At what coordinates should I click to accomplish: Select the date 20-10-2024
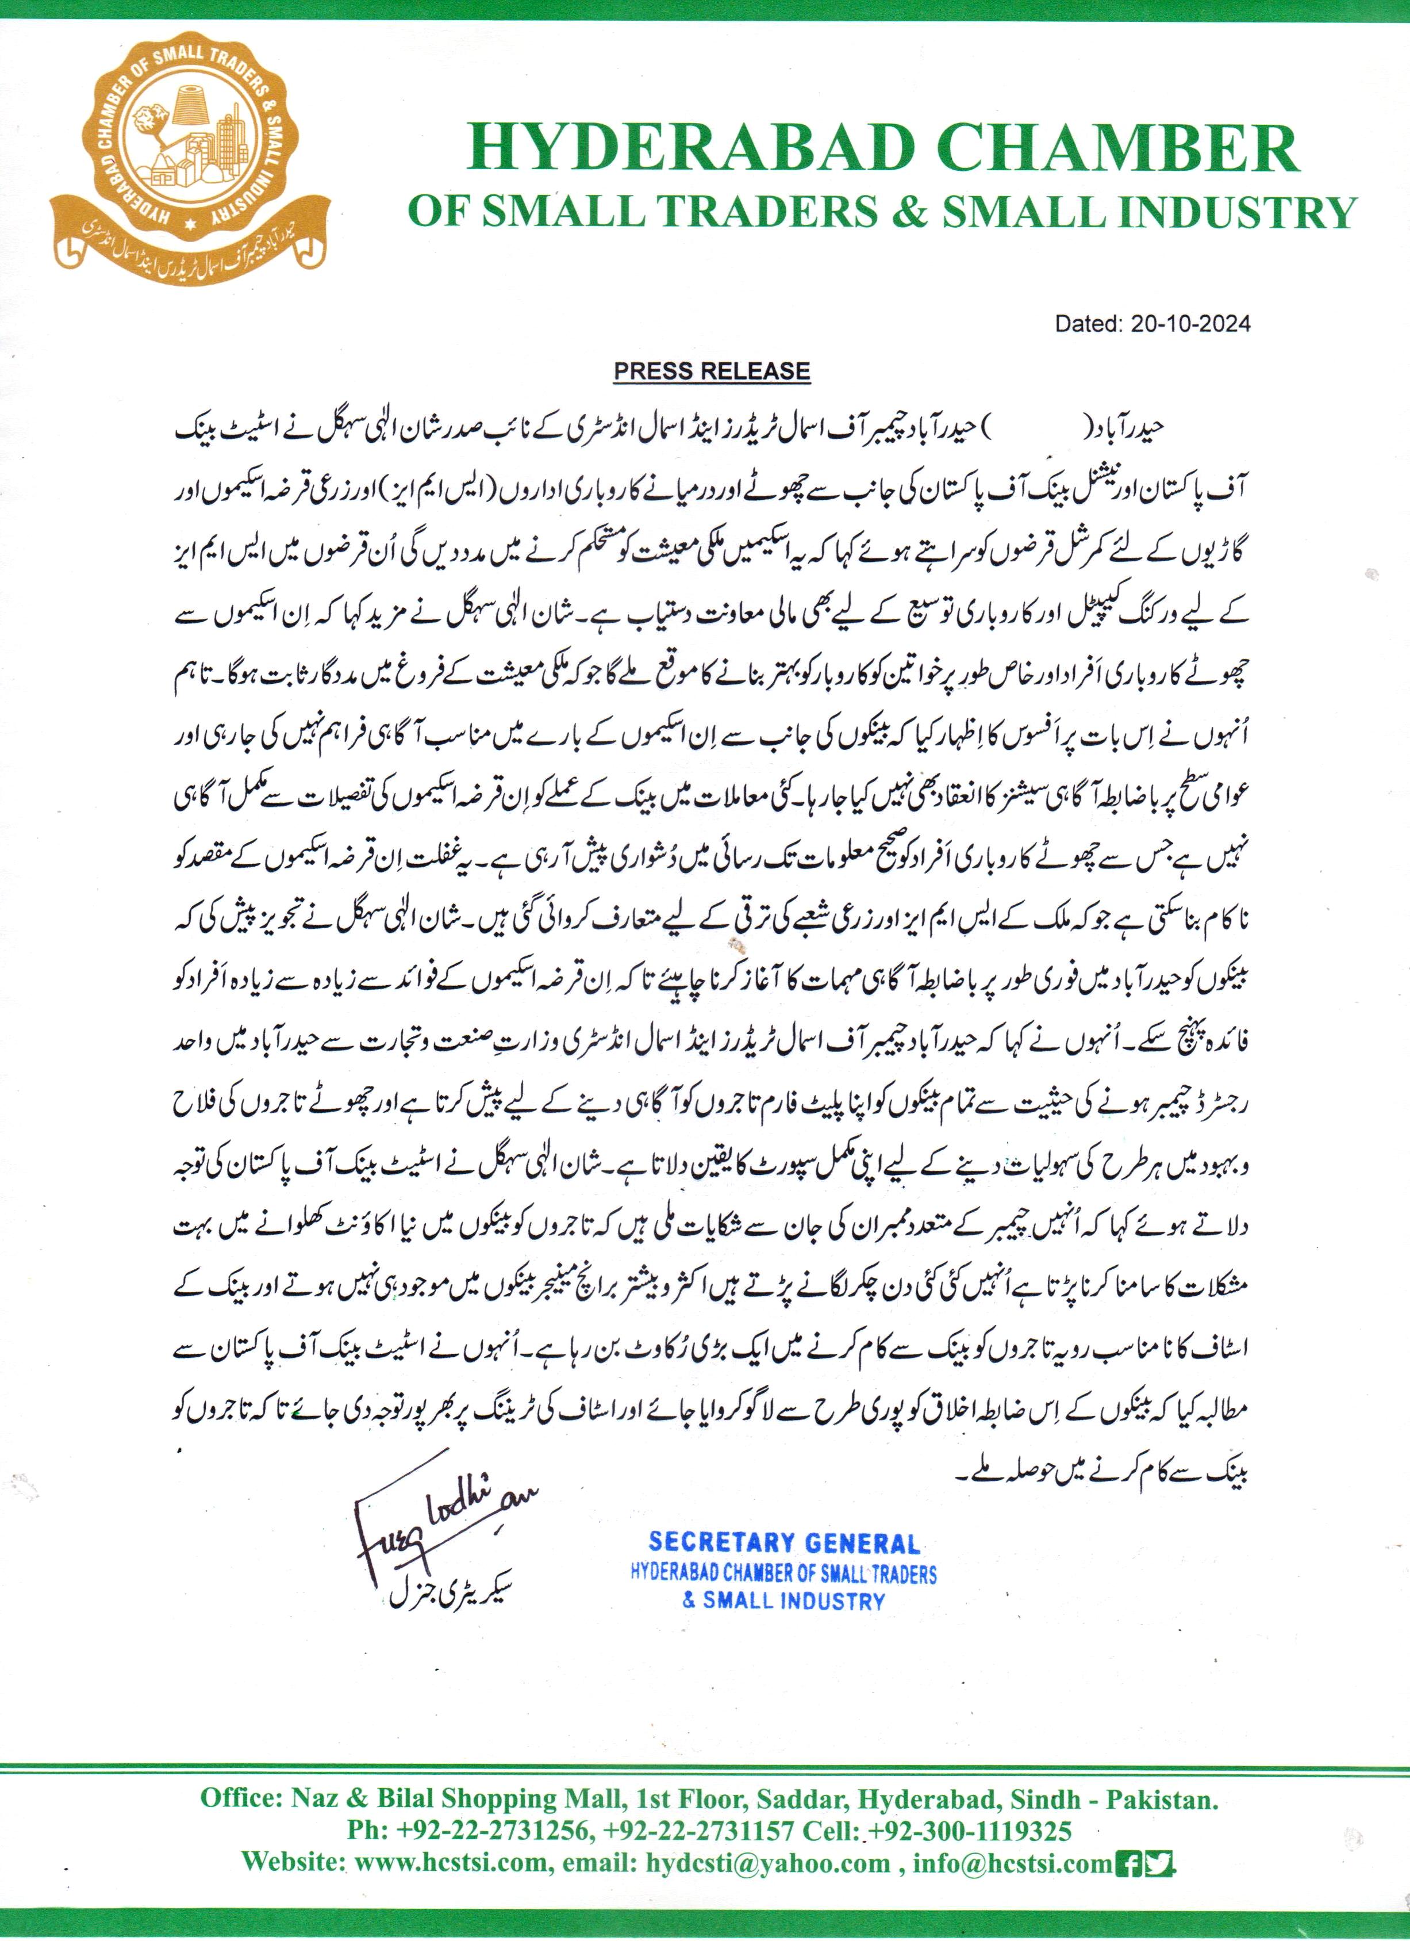[1190, 323]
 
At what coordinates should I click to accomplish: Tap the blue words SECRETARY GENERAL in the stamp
[783, 1543]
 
